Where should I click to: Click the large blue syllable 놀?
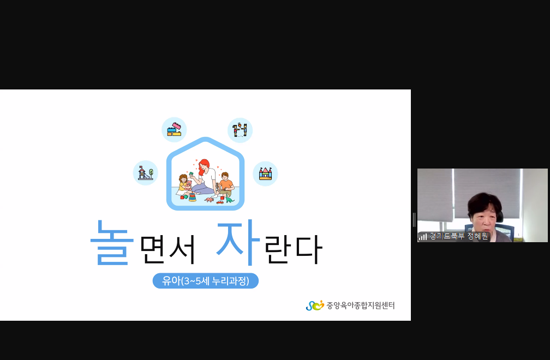click(112, 243)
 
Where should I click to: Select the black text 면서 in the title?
click(168, 249)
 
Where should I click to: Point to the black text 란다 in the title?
click(293, 249)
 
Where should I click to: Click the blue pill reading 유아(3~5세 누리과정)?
click(206, 281)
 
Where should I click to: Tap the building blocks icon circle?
click(174, 130)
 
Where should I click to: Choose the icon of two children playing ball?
click(240, 130)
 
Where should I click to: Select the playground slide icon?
click(146, 173)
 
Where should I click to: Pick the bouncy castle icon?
click(266, 173)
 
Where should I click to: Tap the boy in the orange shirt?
click(226, 184)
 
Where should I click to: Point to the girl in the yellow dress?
click(183, 184)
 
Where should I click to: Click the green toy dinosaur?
click(229, 199)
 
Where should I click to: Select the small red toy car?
click(220, 202)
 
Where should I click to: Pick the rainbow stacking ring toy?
click(193, 197)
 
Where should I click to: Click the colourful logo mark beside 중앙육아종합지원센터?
click(315, 305)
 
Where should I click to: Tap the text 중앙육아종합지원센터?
click(361, 305)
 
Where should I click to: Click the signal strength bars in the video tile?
click(423, 237)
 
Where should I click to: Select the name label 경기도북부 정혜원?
click(459, 236)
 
